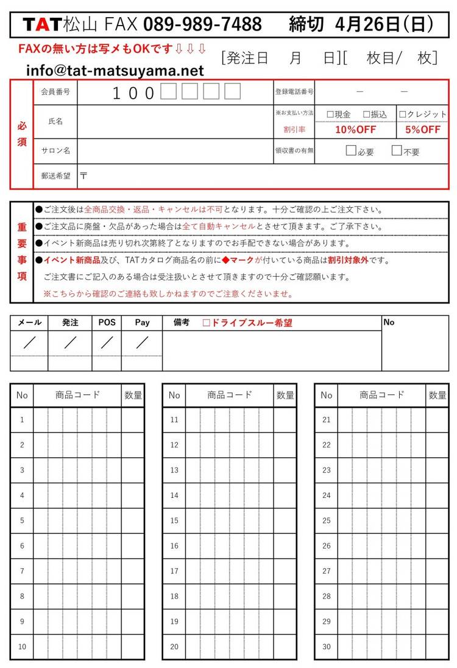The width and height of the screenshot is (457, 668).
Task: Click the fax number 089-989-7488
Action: [202, 24]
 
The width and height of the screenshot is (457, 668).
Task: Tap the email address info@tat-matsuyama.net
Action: [115, 71]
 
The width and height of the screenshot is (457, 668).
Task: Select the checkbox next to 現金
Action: [330, 114]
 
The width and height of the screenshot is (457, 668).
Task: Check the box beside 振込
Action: [367, 114]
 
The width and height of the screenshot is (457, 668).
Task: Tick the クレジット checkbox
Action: [403, 114]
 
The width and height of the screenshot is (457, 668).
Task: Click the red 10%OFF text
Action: [355, 129]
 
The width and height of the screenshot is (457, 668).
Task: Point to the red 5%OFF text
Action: [422, 129]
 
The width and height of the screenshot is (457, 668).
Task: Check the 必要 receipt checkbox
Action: [350, 151]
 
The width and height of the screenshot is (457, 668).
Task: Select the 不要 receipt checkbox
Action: [397, 151]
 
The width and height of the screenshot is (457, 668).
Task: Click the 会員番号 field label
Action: [55, 92]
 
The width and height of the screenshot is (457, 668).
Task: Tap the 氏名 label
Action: [55, 121]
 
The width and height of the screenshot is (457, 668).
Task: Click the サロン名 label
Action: [55, 151]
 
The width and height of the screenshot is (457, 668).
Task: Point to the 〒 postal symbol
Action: [83, 176]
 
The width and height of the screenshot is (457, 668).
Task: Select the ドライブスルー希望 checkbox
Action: [206, 323]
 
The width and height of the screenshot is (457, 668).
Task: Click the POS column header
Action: [107, 322]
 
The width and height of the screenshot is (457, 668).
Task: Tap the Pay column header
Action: [142, 322]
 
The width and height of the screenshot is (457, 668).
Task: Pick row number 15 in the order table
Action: [174, 521]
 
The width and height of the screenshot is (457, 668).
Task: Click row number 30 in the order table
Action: [327, 647]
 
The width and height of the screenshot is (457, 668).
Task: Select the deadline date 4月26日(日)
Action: [384, 24]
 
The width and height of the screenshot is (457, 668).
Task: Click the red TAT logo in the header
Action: [42, 24]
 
